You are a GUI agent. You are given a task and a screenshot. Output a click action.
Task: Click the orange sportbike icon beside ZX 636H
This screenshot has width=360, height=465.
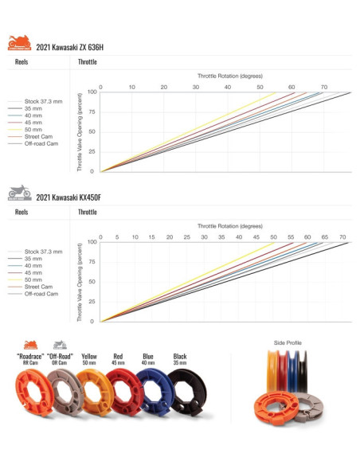[x=19, y=43]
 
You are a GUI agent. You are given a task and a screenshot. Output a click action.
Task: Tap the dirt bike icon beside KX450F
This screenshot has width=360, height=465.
[x=19, y=193]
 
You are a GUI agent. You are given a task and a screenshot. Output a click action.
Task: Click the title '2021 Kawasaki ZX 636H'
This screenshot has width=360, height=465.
[x=69, y=47]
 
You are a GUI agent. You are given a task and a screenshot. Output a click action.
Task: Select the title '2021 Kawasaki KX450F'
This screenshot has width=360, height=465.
[x=68, y=197]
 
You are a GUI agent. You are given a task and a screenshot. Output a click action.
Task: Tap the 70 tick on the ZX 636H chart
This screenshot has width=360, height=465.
[x=324, y=86]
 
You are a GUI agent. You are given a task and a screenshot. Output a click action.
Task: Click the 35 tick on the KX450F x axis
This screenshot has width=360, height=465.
[x=221, y=236]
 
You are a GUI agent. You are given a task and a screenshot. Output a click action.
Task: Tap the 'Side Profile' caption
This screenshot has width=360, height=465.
[x=288, y=343]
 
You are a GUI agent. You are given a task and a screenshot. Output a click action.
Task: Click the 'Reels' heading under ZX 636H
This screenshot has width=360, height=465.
[x=23, y=61]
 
